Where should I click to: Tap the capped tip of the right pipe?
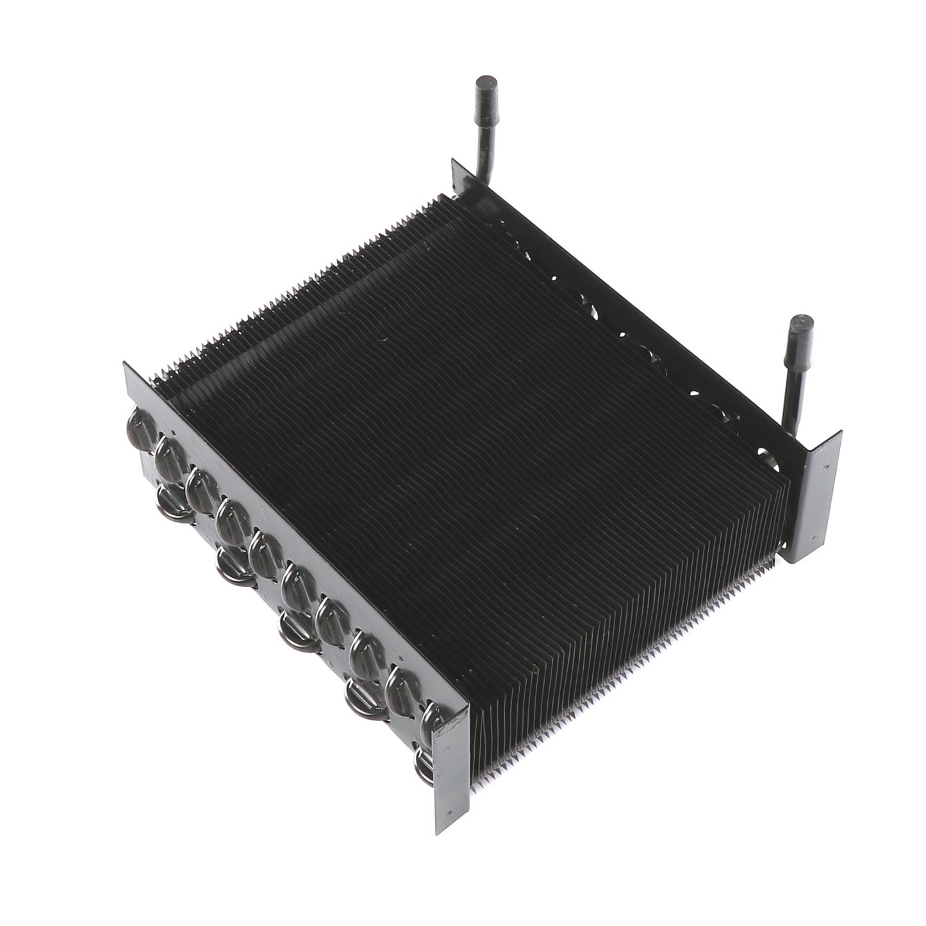(798, 327)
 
